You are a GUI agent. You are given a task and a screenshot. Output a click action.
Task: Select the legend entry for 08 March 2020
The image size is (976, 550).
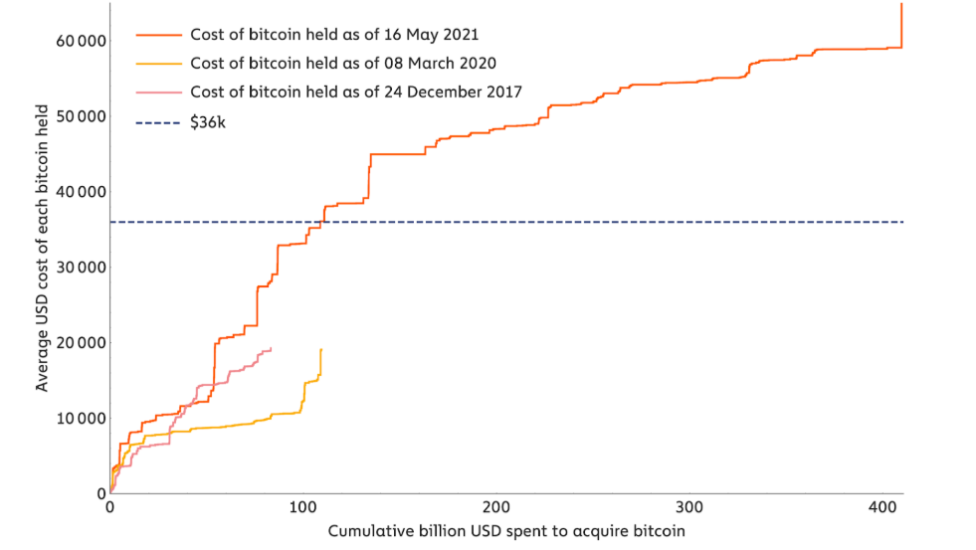[x=343, y=64]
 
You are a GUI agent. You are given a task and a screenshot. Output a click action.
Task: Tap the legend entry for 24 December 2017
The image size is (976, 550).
[x=356, y=92]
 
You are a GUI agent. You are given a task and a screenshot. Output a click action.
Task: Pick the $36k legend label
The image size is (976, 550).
[x=209, y=123]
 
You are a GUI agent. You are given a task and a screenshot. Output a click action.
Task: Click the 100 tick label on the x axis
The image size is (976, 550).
[x=302, y=507]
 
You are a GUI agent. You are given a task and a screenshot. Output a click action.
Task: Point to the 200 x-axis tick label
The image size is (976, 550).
[x=495, y=507]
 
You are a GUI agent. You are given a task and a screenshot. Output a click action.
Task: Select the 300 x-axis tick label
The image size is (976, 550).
[x=688, y=507]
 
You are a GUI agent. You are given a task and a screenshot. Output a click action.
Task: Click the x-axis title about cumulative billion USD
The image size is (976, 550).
[x=506, y=532]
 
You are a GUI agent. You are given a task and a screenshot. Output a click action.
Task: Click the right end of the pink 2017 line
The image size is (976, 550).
[x=272, y=348]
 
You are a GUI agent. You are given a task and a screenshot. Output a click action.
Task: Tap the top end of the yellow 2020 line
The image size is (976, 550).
[x=321, y=350]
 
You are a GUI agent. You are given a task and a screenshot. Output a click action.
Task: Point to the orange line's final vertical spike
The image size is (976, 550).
[x=901, y=25]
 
